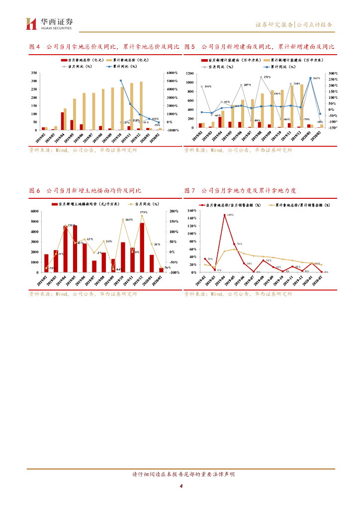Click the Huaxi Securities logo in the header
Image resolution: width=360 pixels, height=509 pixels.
coord(49,23)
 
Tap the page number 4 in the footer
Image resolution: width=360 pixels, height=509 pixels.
coord(181,486)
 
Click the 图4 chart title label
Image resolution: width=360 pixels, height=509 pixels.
coord(34,47)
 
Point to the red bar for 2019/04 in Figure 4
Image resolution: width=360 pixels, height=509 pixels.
coord(62,121)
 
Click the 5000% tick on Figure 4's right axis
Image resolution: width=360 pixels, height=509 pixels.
coord(172,81)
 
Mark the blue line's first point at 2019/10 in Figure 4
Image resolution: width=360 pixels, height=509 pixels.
coord(121,81)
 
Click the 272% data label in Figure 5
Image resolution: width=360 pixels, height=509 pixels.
coord(267,78)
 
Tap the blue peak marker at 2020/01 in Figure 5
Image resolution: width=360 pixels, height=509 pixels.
coord(310,78)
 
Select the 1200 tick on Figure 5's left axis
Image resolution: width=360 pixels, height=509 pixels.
coord(188,74)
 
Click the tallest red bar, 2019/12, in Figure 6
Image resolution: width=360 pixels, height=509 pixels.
coord(142,247)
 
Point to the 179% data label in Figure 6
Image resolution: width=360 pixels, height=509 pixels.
coord(143,212)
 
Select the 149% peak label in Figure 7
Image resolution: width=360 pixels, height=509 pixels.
coord(230,215)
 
